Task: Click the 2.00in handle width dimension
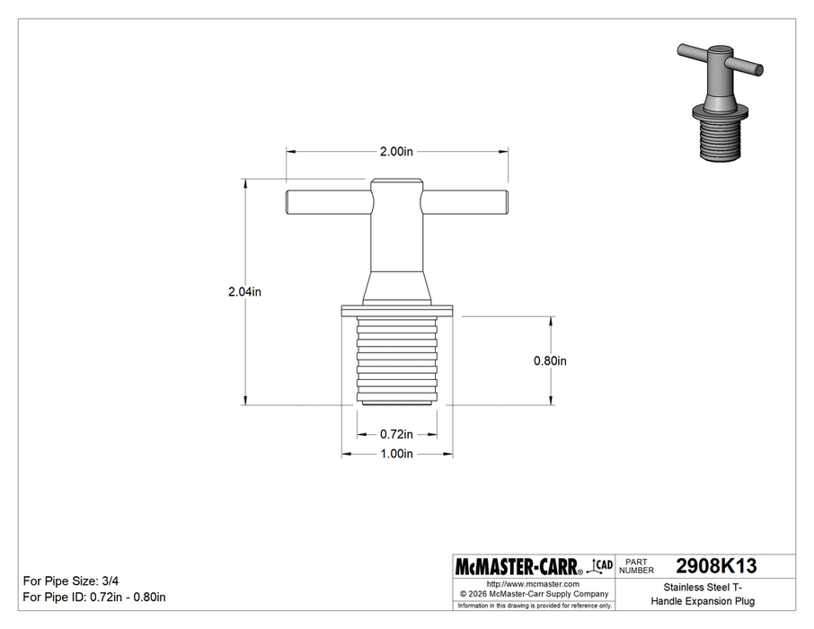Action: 396,152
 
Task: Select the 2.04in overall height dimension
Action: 243,291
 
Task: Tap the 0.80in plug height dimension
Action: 550,361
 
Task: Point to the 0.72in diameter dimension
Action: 396,434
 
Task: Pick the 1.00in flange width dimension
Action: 396,454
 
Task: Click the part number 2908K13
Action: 715,567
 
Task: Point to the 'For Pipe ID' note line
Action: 93,598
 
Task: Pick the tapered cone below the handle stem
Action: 396,288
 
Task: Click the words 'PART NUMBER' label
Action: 636,567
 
